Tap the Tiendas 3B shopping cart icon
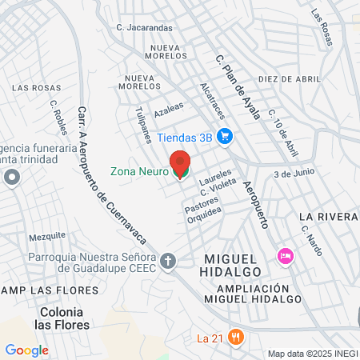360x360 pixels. coord(226,136)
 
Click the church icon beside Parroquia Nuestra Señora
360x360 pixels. coord(168,260)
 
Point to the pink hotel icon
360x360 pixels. coord(283,255)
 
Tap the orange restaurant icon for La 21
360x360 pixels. coord(234,338)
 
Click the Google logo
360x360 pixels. coord(26,350)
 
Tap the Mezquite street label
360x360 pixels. coord(46,237)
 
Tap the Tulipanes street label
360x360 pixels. coord(144,124)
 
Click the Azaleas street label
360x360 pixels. coord(169,107)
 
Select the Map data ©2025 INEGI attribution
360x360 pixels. coord(312,353)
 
